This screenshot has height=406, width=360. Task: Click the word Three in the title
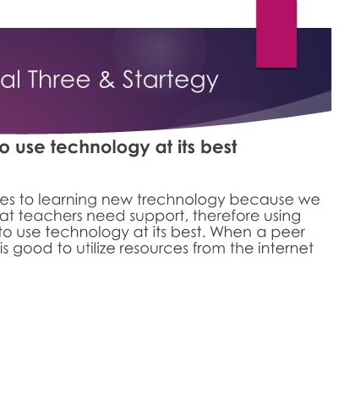pos(59,80)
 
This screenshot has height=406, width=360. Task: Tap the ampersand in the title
pos(106,80)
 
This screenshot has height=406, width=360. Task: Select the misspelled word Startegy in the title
pos(171,81)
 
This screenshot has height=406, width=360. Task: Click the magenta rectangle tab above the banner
pos(276,34)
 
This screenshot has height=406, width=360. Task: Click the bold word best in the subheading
pos(221,147)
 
